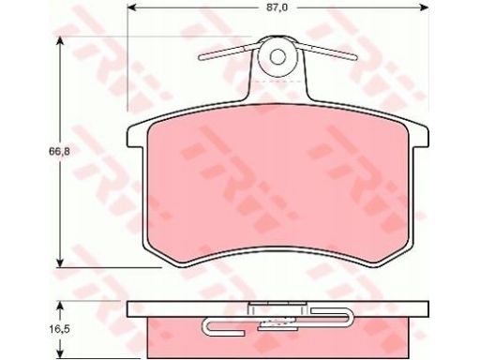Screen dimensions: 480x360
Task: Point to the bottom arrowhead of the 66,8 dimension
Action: (x=60, y=262)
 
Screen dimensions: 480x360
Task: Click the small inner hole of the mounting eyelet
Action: (x=277, y=56)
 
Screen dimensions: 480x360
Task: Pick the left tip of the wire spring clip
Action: (x=200, y=57)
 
